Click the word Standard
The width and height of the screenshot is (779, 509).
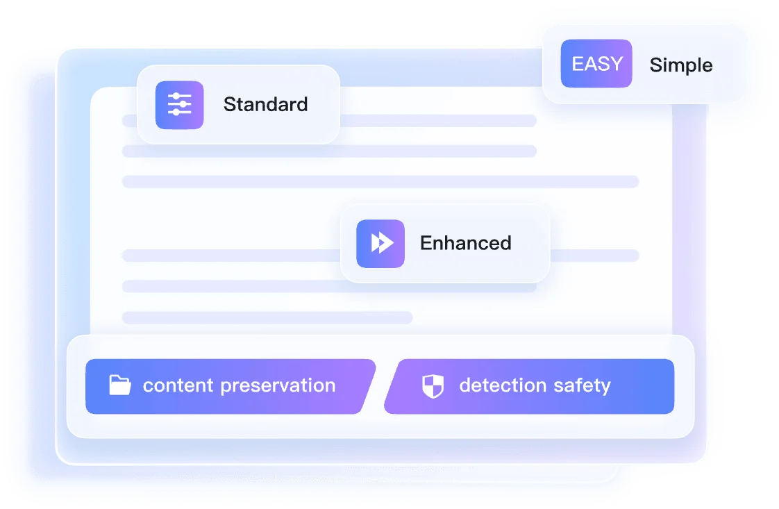click(x=265, y=104)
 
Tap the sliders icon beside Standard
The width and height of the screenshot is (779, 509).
click(x=179, y=105)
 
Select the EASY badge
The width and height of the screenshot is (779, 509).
click(x=596, y=64)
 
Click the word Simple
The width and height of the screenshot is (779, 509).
click(x=681, y=65)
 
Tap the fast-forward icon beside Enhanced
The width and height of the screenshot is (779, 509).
click(x=380, y=244)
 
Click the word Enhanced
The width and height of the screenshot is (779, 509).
click(x=465, y=243)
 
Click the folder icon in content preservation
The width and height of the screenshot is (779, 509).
click(x=119, y=385)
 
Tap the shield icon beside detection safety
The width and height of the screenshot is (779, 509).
click(x=433, y=386)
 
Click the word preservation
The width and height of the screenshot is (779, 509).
click(x=278, y=385)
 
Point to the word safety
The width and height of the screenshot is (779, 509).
click(x=582, y=385)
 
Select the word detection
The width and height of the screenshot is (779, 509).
click(x=503, y=385)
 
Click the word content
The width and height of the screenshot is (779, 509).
click(x=178, y=385)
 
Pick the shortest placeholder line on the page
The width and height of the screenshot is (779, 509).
click(x=267, y=317)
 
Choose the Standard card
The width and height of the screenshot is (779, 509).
click(x=238, y=105)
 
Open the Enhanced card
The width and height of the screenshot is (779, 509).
click(x=445, y=244)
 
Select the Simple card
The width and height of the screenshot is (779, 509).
click(x=644, y=64)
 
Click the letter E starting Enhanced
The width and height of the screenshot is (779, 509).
click(x=426, y=243)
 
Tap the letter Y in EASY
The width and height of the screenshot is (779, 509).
click(x=616, y=64)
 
